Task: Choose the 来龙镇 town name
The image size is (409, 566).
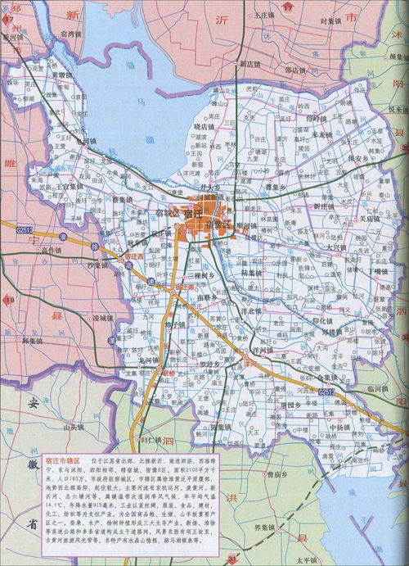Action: pos(326,134)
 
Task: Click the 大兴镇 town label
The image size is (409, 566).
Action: pos(337,246)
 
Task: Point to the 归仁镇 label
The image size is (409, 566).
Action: pos(152,441)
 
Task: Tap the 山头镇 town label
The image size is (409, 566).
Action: pos(74,426)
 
